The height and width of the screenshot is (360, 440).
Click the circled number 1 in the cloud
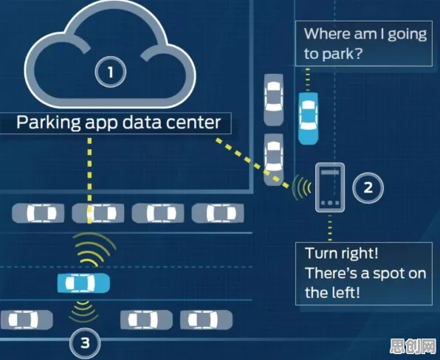110,72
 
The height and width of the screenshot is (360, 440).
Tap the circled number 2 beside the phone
368,187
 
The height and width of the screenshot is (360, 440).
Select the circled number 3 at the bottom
85,342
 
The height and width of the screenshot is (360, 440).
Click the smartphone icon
330,187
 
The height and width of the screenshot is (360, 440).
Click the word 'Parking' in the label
49,122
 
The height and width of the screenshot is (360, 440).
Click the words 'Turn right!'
342,254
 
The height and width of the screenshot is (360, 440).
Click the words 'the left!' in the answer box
332,292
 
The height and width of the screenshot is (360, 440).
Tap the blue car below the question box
308,119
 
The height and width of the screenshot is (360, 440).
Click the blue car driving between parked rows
83,283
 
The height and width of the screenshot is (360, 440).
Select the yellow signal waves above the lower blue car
94,249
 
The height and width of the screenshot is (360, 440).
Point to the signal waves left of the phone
302,187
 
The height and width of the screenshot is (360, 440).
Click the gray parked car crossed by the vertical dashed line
97,213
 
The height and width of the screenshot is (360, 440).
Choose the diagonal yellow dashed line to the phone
252,162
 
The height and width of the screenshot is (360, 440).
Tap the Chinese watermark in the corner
413,346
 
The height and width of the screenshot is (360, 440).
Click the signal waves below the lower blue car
83,311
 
